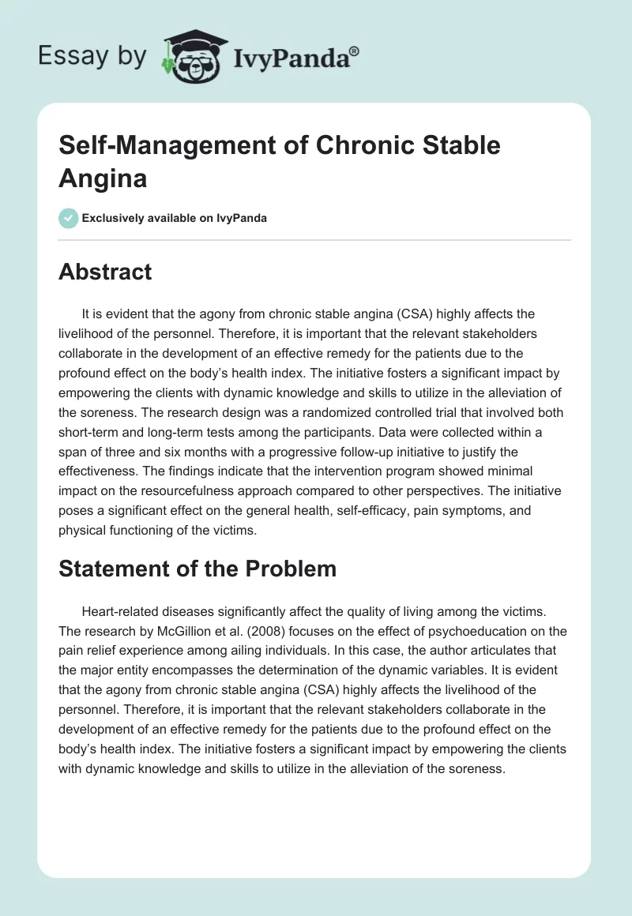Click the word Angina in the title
coord(103,178)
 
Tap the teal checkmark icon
coord(68,218)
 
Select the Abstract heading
coord(105,272)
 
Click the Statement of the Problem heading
coord(197,569)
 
